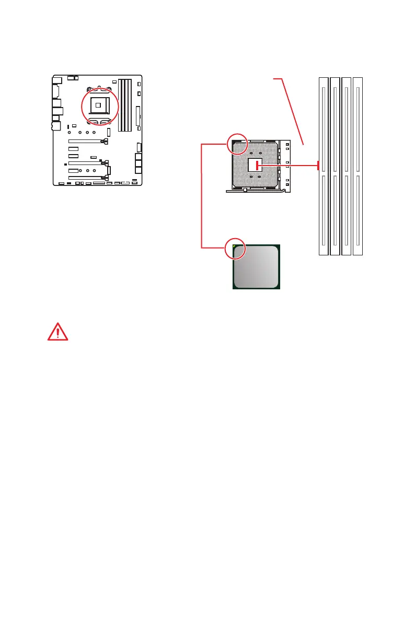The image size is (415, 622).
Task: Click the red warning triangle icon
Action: pyautogui.click(x=58, y=331)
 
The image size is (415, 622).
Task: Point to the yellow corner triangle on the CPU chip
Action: pyautogui.click(x=235, y=246)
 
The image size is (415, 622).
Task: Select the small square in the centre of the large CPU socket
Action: pyautogui.click(x=256, y=165)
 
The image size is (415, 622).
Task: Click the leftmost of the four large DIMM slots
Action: pyautogui.click(x=324, y=166)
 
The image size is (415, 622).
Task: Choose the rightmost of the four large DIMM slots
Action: pyautogui.click(x=358, y=166)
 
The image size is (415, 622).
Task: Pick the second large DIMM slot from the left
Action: pyautogui.click(x=335, y=166)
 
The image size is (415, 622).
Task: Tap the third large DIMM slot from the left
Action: pyautogui.click(x=347, y=166)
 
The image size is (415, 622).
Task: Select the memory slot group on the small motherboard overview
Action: pyautogui.click(x=125, y=104)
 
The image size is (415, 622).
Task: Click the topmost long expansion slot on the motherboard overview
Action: pyautogui.click(x=87, y=141)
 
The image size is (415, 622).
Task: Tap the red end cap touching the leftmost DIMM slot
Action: pyautogui.click(x=318, y=166)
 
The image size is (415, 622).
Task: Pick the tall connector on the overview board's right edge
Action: pyautogui.click(x=138, y=115)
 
